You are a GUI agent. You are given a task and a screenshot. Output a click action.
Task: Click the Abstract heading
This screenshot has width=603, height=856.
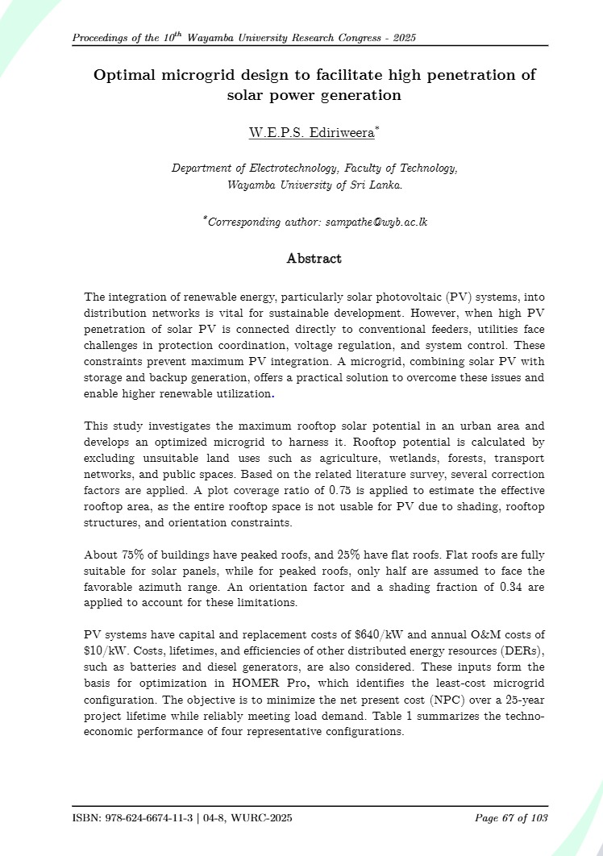314,259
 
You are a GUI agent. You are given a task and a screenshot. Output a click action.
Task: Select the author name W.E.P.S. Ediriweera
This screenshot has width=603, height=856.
312,134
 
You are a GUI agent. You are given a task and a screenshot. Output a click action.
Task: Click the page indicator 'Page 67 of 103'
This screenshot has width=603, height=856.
512,819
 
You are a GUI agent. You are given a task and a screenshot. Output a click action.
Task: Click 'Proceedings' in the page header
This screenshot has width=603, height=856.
102,39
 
